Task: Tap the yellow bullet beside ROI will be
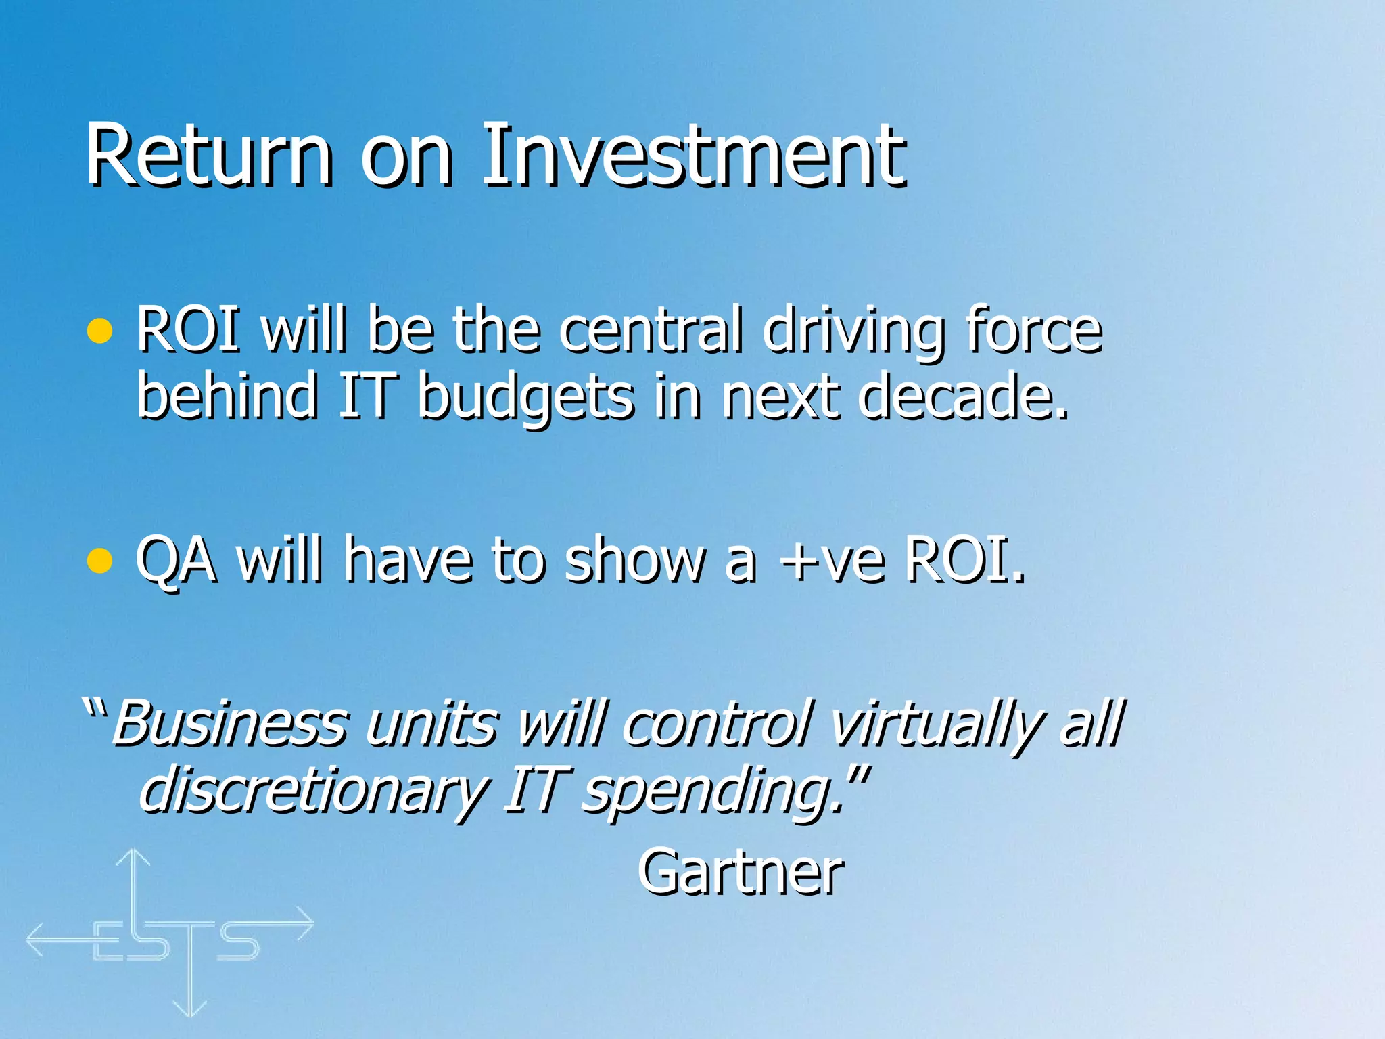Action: point(100,331)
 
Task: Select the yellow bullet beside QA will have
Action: point(100,561)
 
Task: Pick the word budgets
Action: point(526,398)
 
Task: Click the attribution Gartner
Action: point(741,873)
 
